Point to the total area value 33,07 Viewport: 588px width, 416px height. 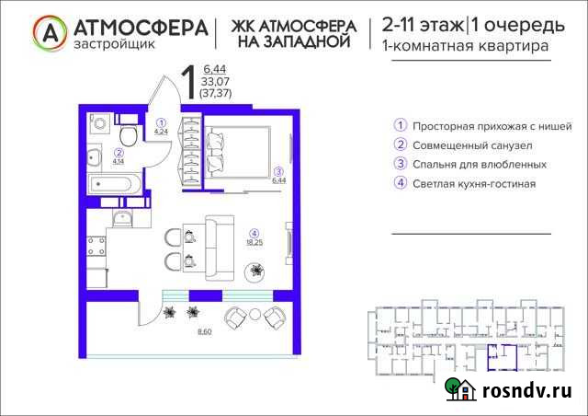(x=215, y=80)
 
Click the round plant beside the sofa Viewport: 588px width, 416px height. (x=256, y=271)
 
